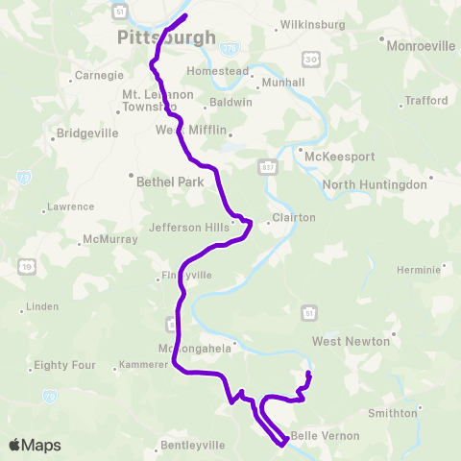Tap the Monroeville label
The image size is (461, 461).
420,44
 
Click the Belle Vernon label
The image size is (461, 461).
325,436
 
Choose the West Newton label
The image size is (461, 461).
351,341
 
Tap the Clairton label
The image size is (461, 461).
293,217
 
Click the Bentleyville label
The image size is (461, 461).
193,445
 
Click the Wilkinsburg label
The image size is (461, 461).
304,24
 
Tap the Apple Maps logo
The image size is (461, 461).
36,445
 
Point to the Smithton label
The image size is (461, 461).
393,413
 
